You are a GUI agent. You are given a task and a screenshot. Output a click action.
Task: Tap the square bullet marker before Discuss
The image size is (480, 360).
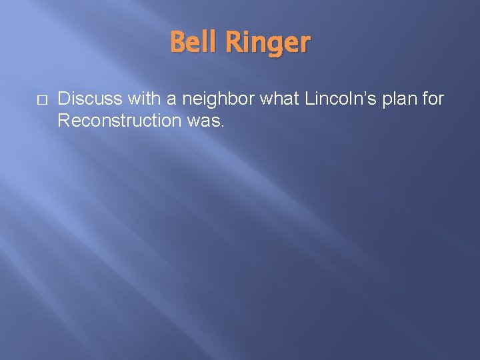(x=41, y=100)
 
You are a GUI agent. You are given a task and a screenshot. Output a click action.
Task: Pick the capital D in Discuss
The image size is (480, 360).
(x=64, y=99)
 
